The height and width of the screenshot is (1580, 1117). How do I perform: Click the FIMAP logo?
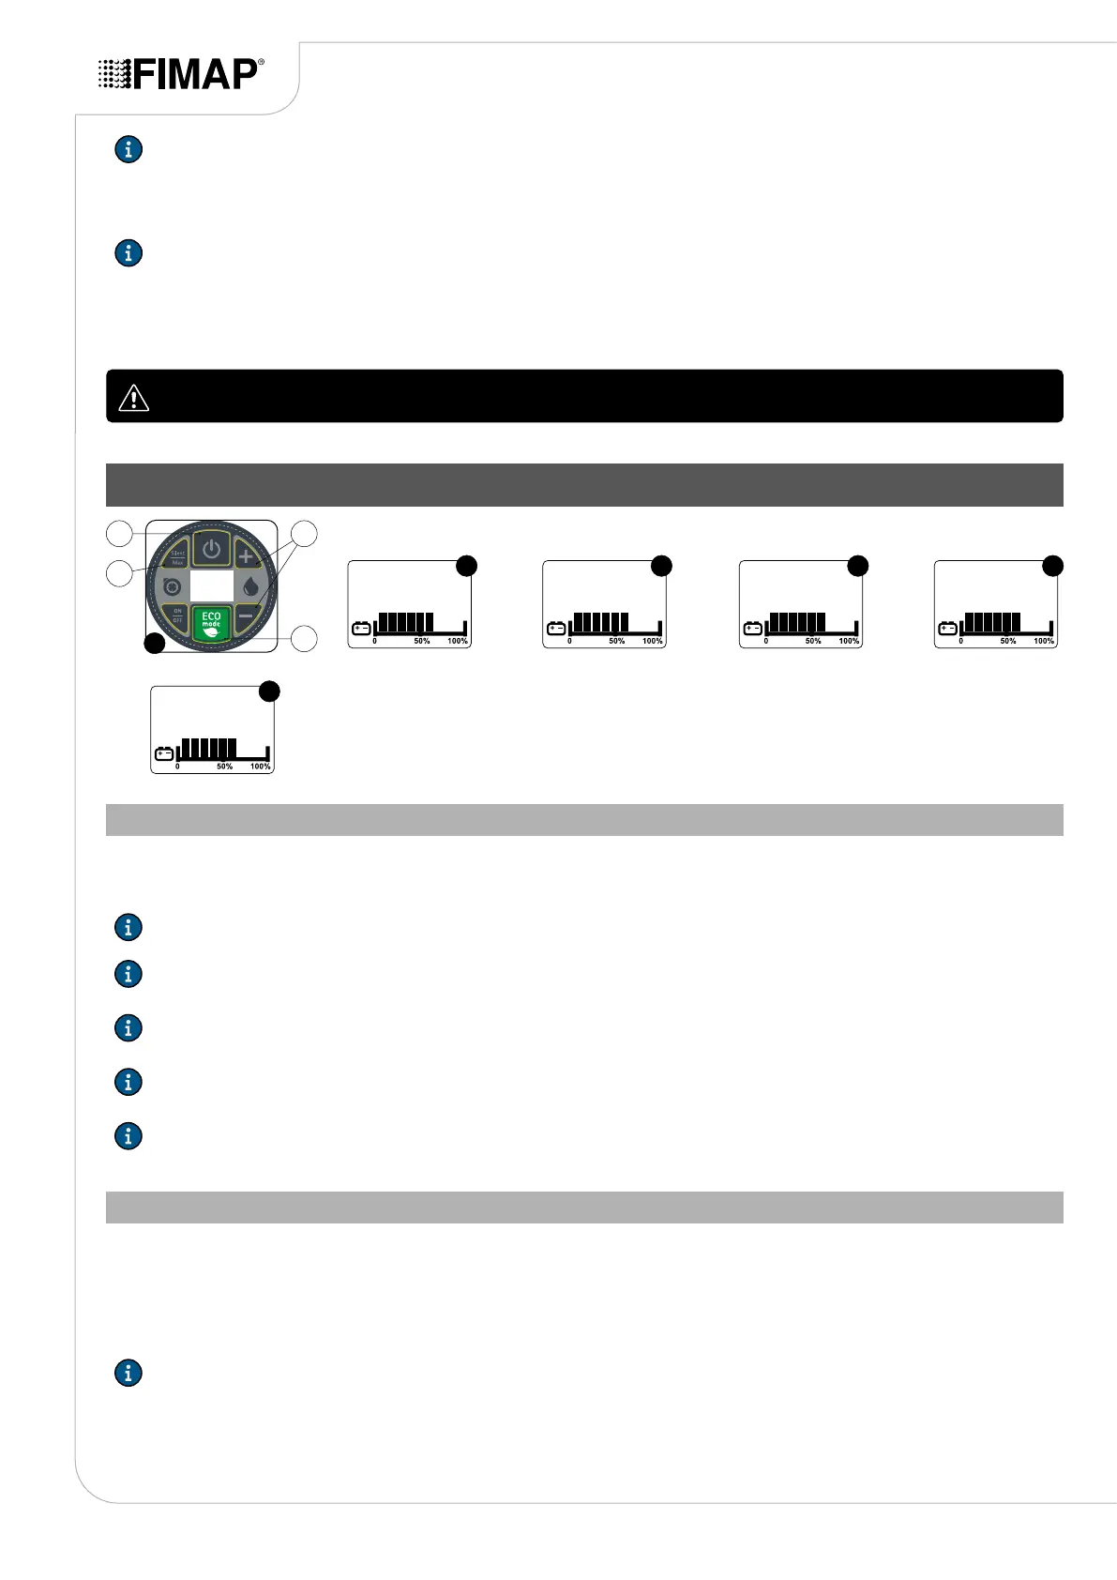(181, 74)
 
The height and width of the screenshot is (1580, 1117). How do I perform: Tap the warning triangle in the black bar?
(134, 398)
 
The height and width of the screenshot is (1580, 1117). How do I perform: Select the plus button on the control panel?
(246, 556)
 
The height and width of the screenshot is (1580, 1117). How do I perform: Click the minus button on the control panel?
(246, 616)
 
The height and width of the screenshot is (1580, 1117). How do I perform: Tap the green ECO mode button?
(212, 623)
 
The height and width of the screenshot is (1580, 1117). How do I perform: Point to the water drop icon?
(250, 587)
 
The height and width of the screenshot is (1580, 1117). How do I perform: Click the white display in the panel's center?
(212, 586)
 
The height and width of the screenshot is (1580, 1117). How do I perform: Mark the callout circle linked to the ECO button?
(305, 639)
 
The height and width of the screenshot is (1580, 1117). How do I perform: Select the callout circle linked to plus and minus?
(305, 534)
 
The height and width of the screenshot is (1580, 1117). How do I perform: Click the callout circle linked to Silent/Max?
(119, 534)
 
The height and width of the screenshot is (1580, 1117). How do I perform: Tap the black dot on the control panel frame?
(154, 644)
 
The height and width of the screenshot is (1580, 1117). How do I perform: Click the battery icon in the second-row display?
(164, 753)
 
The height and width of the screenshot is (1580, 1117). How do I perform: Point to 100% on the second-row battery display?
(260, 767)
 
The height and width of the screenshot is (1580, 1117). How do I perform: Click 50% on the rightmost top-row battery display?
(1007, 641)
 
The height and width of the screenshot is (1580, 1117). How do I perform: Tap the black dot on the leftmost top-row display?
(466, 565)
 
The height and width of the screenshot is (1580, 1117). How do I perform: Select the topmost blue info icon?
(128, 149)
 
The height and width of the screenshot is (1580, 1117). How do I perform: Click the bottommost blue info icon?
(128, 1373)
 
